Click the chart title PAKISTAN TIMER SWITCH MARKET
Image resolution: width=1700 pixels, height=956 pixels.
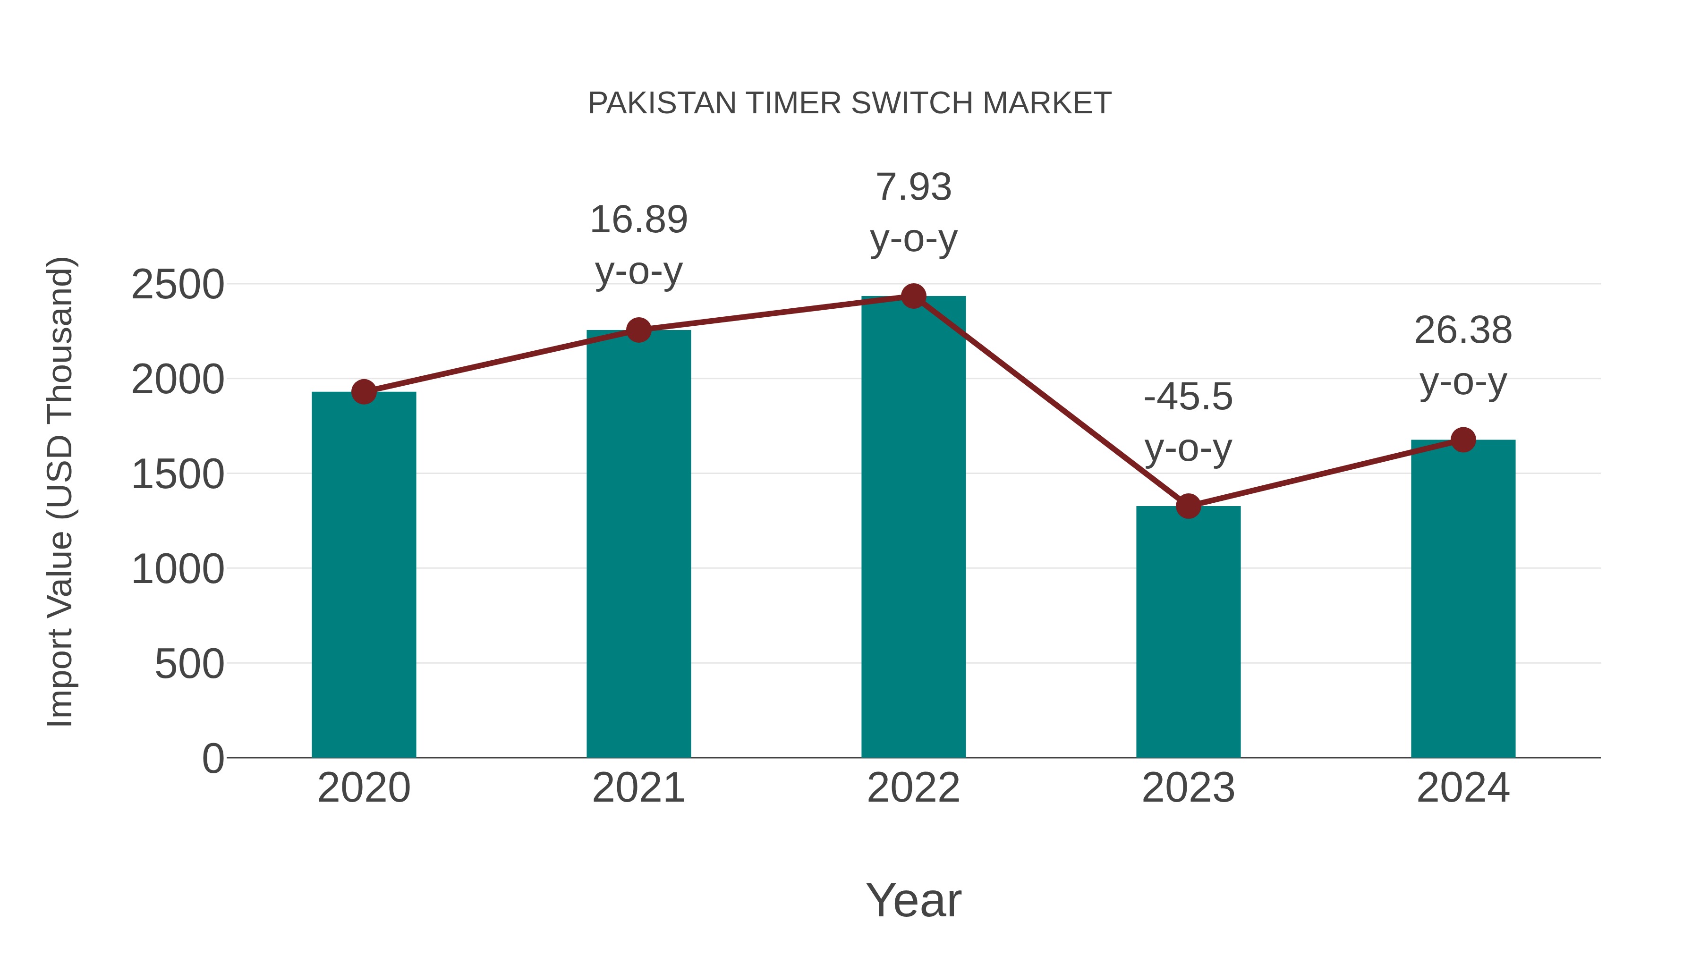click(850, 103)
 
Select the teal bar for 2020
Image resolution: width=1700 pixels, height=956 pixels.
click(364, 574)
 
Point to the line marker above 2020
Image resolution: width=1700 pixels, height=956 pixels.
click(364, 392)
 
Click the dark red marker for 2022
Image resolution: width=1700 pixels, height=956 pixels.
click(913, 296)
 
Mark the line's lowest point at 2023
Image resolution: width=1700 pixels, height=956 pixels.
click(1188, 506)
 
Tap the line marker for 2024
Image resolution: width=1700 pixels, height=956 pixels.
click(1463, 440)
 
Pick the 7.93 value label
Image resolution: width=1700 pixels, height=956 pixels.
click(913, 187)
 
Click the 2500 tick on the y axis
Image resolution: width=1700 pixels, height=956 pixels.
click(178, 285)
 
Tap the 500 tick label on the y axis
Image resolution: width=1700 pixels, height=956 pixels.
click(189, 664)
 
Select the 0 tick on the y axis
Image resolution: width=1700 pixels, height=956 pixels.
click(212, 758)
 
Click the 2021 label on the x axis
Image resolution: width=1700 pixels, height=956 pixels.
click(638, 788)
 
